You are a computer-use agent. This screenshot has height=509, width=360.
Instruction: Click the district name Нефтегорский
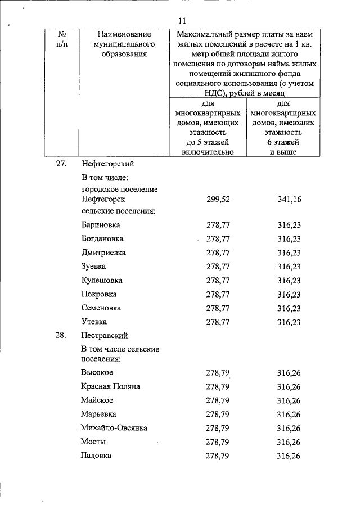pyautogui.click(x=107, y=164)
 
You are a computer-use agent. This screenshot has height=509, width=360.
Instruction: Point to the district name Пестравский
pyautogui.click(x=105, y=336)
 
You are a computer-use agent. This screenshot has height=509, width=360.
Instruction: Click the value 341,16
pyautogui.click(x=289, y=200)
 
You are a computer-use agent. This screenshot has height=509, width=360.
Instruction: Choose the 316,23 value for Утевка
pyautogui.click(x=289, y=322)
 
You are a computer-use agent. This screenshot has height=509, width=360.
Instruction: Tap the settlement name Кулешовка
pyautogui.click(x=102, y=280)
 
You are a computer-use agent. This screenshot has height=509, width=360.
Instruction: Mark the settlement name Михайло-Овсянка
pyautogui.click(x=114, y=428)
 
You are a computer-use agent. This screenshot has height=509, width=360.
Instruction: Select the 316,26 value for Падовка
pyautogui.click(x=289, y=456)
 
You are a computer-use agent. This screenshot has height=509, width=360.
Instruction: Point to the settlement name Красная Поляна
pyautogui.click(x=110, y=386)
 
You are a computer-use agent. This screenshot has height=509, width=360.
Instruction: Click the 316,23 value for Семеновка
pyautogui.click(x=289, y=308)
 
